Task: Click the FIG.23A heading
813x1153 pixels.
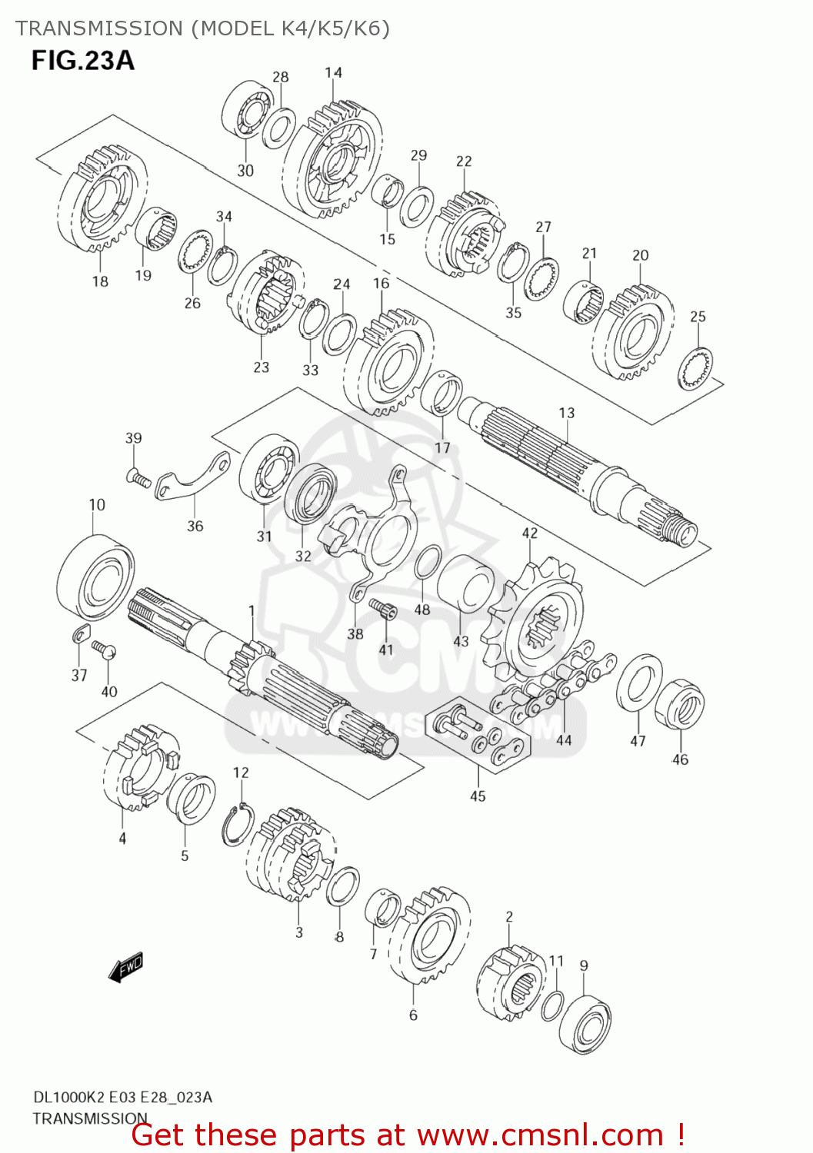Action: [82, 61]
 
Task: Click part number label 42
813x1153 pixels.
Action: [530, 533]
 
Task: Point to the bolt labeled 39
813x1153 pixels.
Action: [138, 479]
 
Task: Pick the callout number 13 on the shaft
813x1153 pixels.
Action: [566, 413]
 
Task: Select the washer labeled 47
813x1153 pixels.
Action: [638, 683]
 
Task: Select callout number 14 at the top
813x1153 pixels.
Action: [333, 73]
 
